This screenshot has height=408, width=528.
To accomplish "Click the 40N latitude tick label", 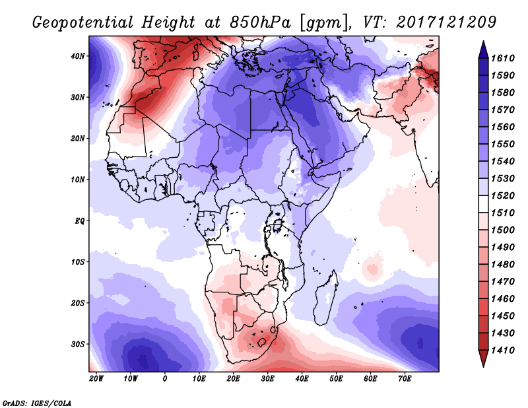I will point(79,56).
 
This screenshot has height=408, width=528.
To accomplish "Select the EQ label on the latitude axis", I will point(79,221).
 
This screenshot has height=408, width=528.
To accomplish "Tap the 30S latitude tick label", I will point(79,344).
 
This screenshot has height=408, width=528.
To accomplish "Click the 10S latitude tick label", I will point(79,262).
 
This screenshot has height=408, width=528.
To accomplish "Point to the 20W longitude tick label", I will point(96,379).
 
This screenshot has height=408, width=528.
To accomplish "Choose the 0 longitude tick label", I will point(165,379).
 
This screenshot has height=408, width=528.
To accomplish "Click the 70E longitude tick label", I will point(405,379).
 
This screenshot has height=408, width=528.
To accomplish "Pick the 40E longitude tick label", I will point(302,379).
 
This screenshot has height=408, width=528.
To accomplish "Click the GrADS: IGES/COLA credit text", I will point(36,401).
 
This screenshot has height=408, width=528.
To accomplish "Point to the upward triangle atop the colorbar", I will point(484,46).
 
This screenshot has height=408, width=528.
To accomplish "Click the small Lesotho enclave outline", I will point(263,342).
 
